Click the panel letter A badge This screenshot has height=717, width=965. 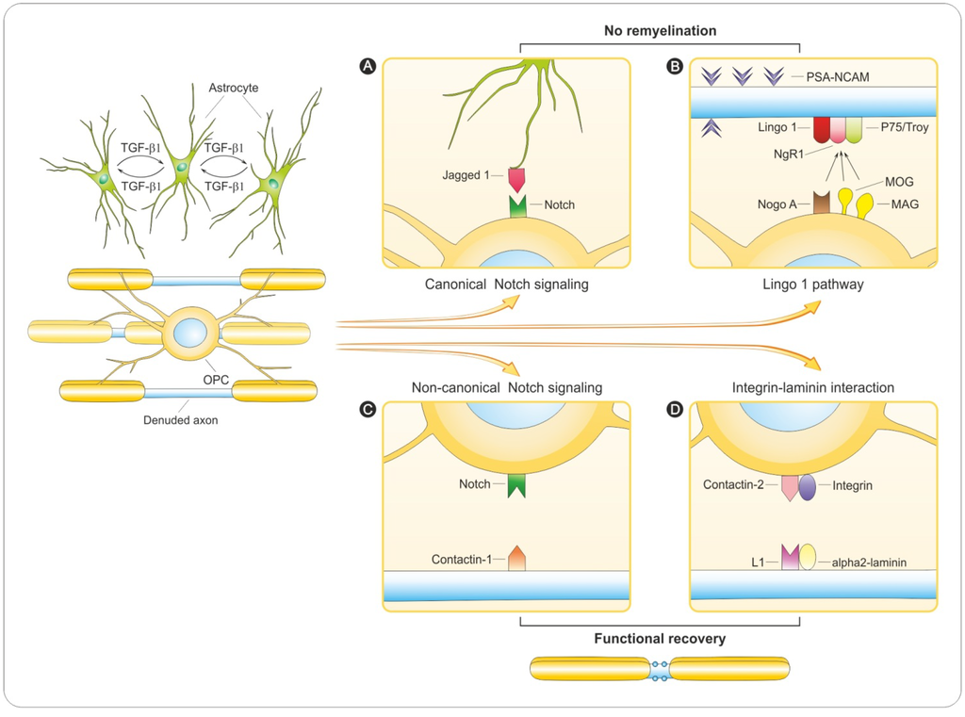tap(369, 66)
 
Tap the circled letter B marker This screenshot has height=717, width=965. tap(675, 66)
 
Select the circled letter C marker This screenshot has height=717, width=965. tap(369, 410)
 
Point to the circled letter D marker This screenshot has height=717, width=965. tap(675, 410)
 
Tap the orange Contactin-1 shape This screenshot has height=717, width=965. tap(515, 558)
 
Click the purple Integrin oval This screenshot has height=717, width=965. tap(808, 487)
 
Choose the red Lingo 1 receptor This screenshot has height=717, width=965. tap(821, 129)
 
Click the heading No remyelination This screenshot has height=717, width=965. tap(660, 31)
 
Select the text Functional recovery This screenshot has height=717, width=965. tap(660, 639)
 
